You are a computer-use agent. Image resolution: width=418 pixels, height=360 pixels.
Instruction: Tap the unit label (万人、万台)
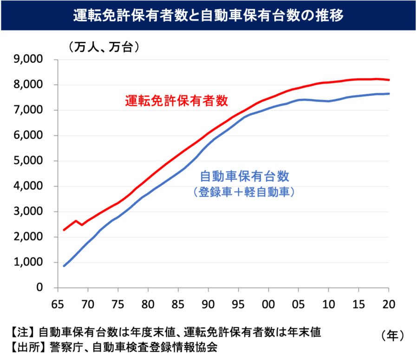click(x=104, y=47)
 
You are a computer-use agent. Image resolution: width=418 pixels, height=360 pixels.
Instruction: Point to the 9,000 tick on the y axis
click(x=29, y=60)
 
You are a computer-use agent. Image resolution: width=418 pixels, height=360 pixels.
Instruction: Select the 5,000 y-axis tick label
click(x=29, y=161)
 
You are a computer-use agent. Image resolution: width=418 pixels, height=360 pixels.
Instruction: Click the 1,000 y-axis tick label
click(x=29, y=263)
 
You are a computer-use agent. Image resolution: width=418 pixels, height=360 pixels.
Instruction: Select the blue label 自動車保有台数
click(x=244, y=177)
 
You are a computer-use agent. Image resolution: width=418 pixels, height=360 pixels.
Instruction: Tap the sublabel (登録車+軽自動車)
click(x=244, y=192)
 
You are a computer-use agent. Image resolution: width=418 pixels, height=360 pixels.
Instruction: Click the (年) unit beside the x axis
click(x=392, y=334)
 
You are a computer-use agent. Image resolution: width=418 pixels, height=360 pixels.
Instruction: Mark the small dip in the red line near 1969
click(x=82, y=225)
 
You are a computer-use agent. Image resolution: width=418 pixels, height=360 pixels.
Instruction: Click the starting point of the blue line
click(x=64, y=266)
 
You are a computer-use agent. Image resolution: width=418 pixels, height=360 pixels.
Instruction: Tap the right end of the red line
click(x=389, y=80)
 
